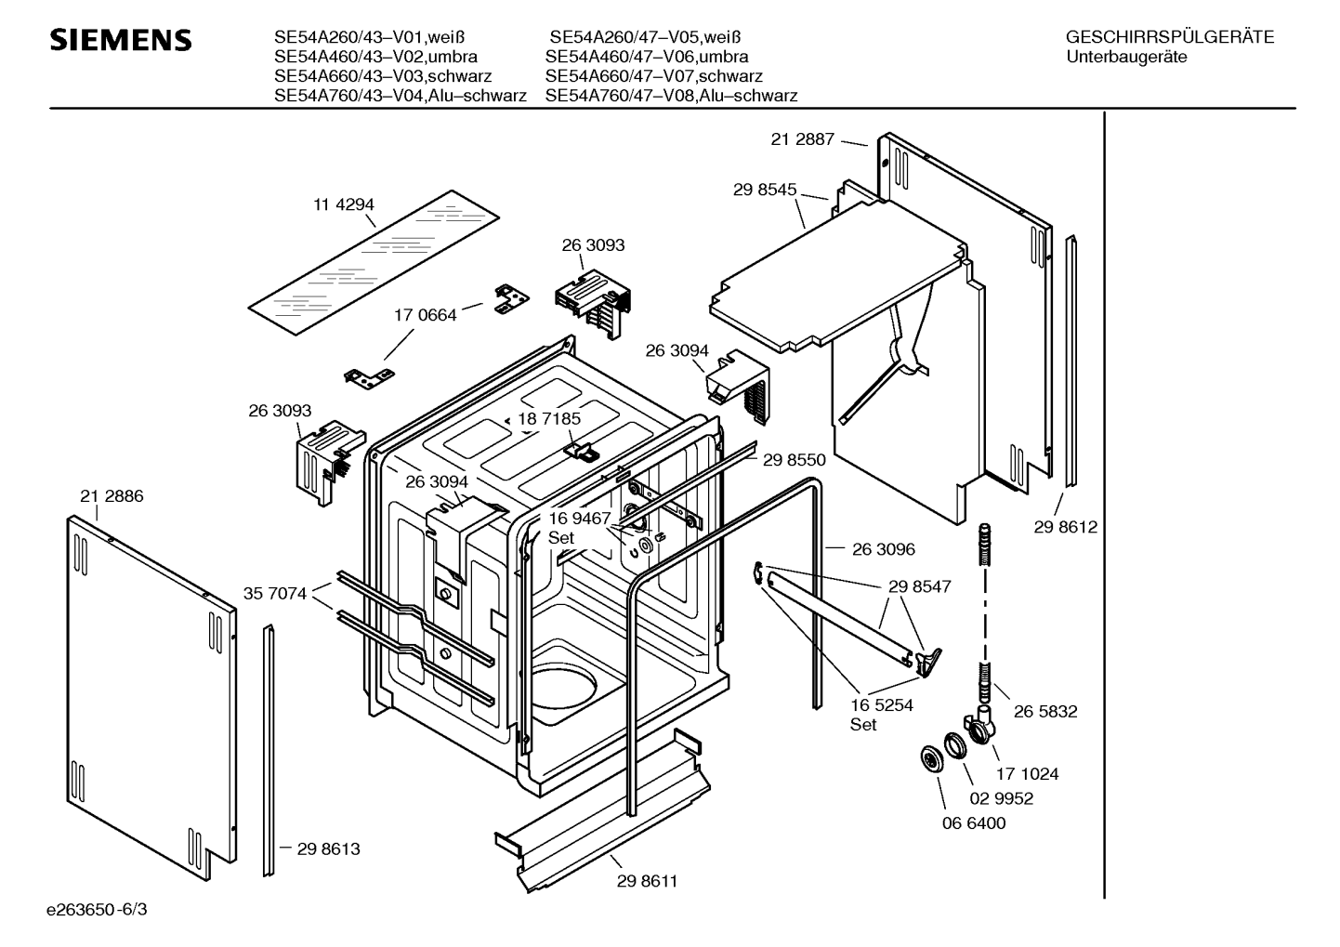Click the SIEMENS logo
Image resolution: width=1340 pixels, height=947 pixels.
(120, 40)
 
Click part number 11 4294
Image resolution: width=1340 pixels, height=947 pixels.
(344, 204)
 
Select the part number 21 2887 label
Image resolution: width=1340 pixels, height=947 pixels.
(802, 139)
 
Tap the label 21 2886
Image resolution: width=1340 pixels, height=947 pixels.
(112, 496)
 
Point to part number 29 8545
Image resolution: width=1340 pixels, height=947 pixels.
(764, 190)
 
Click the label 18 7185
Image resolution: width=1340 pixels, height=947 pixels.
(549, 419)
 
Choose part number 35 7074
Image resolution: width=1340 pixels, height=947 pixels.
(275, 593)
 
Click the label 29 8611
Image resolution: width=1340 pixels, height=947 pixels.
(647, 881)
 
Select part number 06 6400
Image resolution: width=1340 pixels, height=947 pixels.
(973, 823)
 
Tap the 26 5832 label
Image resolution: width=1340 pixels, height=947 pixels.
(1045, 712)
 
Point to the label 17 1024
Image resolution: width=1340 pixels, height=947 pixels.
(1027, 774)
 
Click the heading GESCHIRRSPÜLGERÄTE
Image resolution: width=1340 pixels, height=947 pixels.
(1169, 38)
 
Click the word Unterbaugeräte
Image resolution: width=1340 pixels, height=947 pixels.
(1127, 58)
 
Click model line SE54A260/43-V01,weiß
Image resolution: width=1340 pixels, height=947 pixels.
(369, 38)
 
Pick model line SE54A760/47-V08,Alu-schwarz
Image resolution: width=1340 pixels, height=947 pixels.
(671, 96)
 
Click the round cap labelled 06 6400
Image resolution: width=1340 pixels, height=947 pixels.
(927, 758)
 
